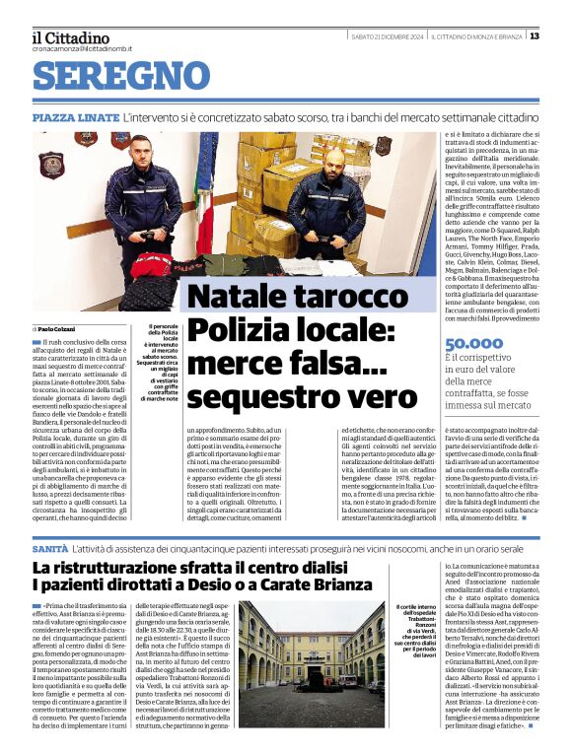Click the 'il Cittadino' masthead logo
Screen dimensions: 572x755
(70, 38)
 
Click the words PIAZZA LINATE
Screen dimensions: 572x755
(75, 117)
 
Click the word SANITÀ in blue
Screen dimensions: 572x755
(50, 546)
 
